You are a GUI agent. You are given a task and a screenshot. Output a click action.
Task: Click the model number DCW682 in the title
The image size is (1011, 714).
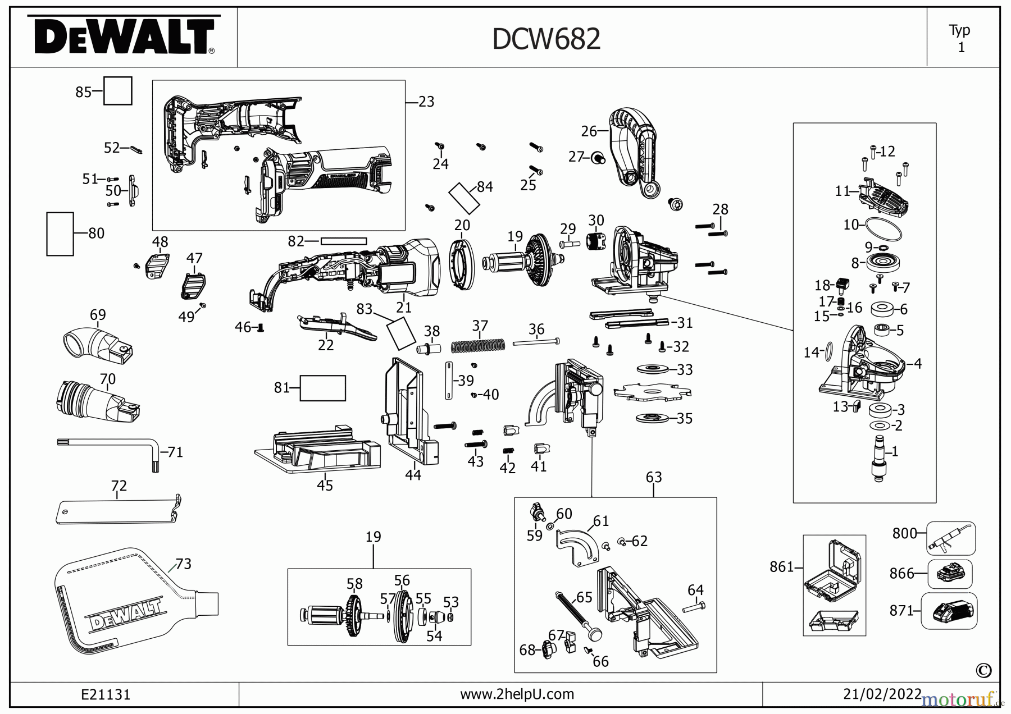pyautogui.click(x=546, y=39)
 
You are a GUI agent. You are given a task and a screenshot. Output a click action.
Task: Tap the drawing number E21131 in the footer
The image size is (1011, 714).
pyautogui.click(x=106, y=694)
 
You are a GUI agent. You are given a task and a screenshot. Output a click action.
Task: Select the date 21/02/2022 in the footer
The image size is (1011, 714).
pyautogui.click(x=882, y=694)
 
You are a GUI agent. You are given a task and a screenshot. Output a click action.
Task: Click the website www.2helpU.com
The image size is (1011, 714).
pyautogui.click(x=517, y=694)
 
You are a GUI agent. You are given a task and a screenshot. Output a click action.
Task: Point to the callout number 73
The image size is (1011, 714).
pyautogui.click(x=183, y=564)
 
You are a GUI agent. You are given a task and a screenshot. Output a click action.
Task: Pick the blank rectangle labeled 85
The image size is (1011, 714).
pyautogui.click(x=117, y=91)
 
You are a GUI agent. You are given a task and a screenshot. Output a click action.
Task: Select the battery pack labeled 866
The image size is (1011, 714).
pyautogui.click(x=950, y=574)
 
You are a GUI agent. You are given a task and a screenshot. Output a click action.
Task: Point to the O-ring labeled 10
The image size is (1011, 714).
pyautogui.click(x=884, y=228)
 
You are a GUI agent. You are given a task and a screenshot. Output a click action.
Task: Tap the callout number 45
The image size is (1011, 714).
pyautogui.click(x=325, y=486)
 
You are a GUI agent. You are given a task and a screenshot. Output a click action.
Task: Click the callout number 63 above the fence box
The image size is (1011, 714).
pyautogui.click(x=653, y=477)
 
